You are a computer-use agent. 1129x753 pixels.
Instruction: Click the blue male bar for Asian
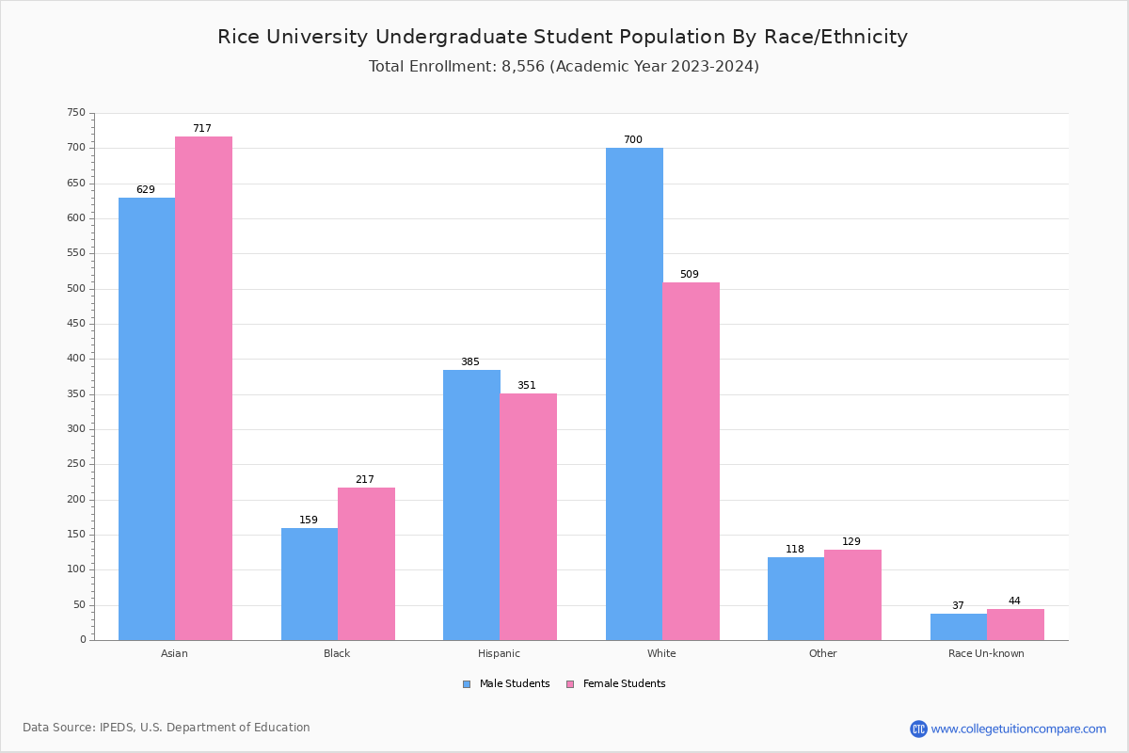click(x=147, y=419)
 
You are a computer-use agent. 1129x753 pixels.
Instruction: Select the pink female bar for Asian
click(x=203, y=388)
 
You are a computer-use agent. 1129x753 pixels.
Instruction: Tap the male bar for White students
click(x=634, y=393)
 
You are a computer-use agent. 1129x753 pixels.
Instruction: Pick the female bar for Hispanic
click(x=528, y=517)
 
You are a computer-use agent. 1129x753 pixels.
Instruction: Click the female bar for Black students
click(x=366, y=564)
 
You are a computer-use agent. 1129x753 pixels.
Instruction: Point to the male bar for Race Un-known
click(x=959, y=627)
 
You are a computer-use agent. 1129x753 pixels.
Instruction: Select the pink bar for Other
click(x=852, y=595)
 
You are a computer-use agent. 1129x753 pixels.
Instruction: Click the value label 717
click(x=202, y=129)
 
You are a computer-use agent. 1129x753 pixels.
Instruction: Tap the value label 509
click(x=690, y=275)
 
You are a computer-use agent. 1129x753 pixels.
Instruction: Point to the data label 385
click(x=470, y=362)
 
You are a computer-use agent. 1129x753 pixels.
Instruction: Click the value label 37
click(x=958, y=606)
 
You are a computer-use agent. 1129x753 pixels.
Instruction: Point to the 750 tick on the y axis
click(x=76, y=113)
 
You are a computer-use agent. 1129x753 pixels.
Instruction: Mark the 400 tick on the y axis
click(x=76, y=359)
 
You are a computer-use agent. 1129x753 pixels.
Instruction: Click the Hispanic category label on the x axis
click(x=499, y=653)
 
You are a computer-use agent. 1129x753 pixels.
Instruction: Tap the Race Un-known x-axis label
click(x=986, y=653)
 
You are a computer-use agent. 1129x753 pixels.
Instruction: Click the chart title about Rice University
click(x=563, y=38)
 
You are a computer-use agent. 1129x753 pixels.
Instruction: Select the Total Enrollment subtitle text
click(x=564, y=67)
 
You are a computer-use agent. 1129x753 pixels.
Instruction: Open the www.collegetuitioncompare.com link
click(x=1018, y=729)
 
